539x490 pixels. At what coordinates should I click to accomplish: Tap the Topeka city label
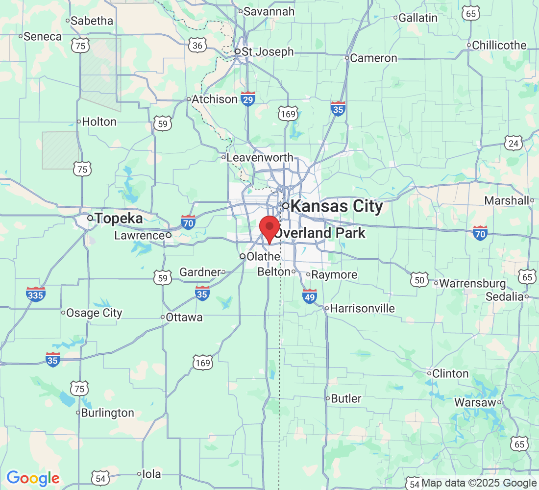tap(119, 218)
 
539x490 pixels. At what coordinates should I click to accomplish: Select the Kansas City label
tap(336, 206)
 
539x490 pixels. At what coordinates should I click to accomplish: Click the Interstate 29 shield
tap(248, 98)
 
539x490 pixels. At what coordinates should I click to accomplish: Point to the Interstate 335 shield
tap(36, 294)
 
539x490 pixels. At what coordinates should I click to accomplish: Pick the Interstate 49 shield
tap(310, 296)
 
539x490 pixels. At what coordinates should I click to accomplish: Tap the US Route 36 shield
tap(197, 46)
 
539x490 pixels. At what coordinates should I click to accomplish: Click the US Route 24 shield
tap(513, 143)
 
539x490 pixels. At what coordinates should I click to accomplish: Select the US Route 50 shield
tap(419, 280)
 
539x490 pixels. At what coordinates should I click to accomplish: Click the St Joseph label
tap(268, 51)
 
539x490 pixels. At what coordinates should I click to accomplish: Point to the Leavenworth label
tap(261, 158)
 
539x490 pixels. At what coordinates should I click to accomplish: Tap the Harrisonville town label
tap(363, 308)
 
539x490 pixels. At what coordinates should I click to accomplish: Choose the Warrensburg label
tap(473, 283)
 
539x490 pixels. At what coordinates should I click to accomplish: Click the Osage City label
tap(94, 313)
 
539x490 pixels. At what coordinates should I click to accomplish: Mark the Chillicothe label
tap(499, 46)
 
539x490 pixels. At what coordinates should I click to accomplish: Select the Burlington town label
tap(107, 413)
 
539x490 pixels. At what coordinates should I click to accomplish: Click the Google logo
tap(33, 478)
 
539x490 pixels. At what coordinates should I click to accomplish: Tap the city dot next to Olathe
tap(242, 256)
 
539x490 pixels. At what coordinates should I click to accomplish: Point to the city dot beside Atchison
tap(189, 99)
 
